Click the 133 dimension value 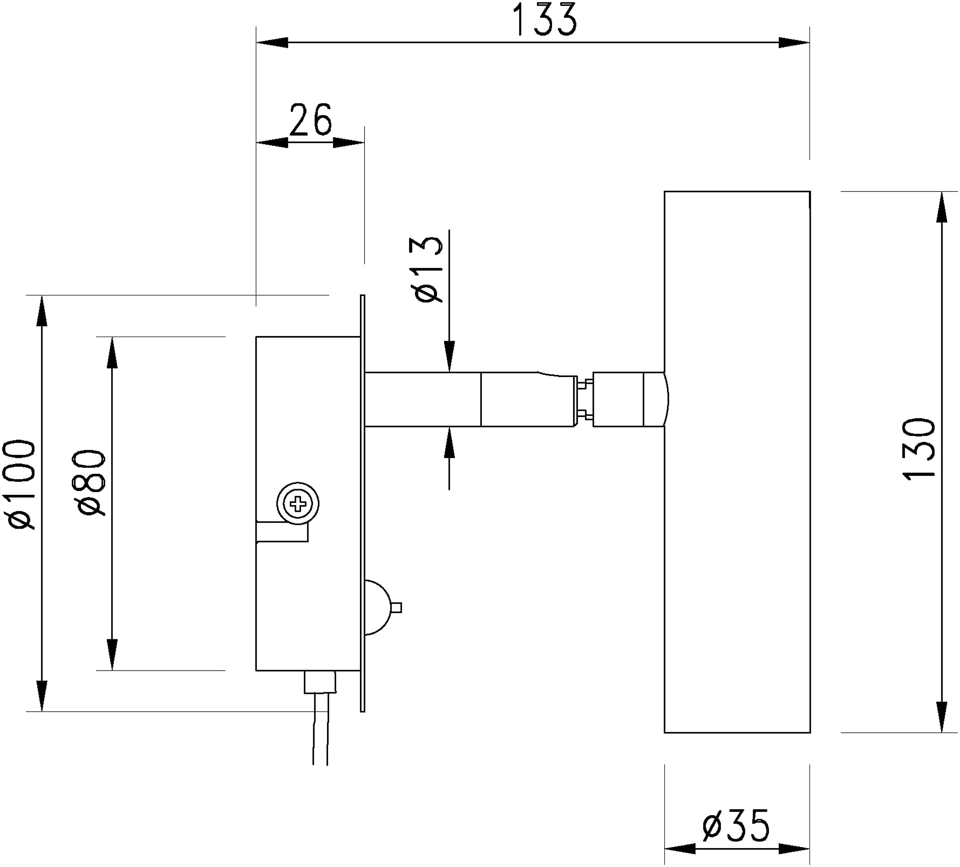coord(546,20)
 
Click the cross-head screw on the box coord(298,503)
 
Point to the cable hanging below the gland coord(320,729)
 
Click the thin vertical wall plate coord(362,503)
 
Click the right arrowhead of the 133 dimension coord(794,42)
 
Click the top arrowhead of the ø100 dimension coord(42,311)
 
